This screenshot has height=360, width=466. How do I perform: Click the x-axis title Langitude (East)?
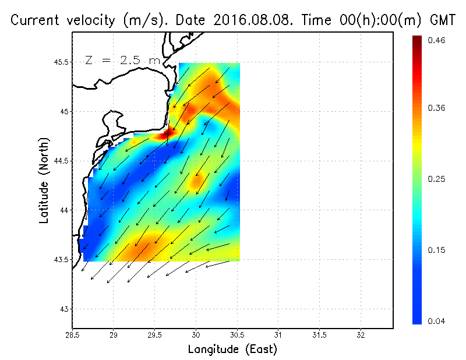pyautogui.click(x=232, y=350)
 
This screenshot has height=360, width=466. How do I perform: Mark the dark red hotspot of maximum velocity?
pyautogui.click(x=170, y=133)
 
